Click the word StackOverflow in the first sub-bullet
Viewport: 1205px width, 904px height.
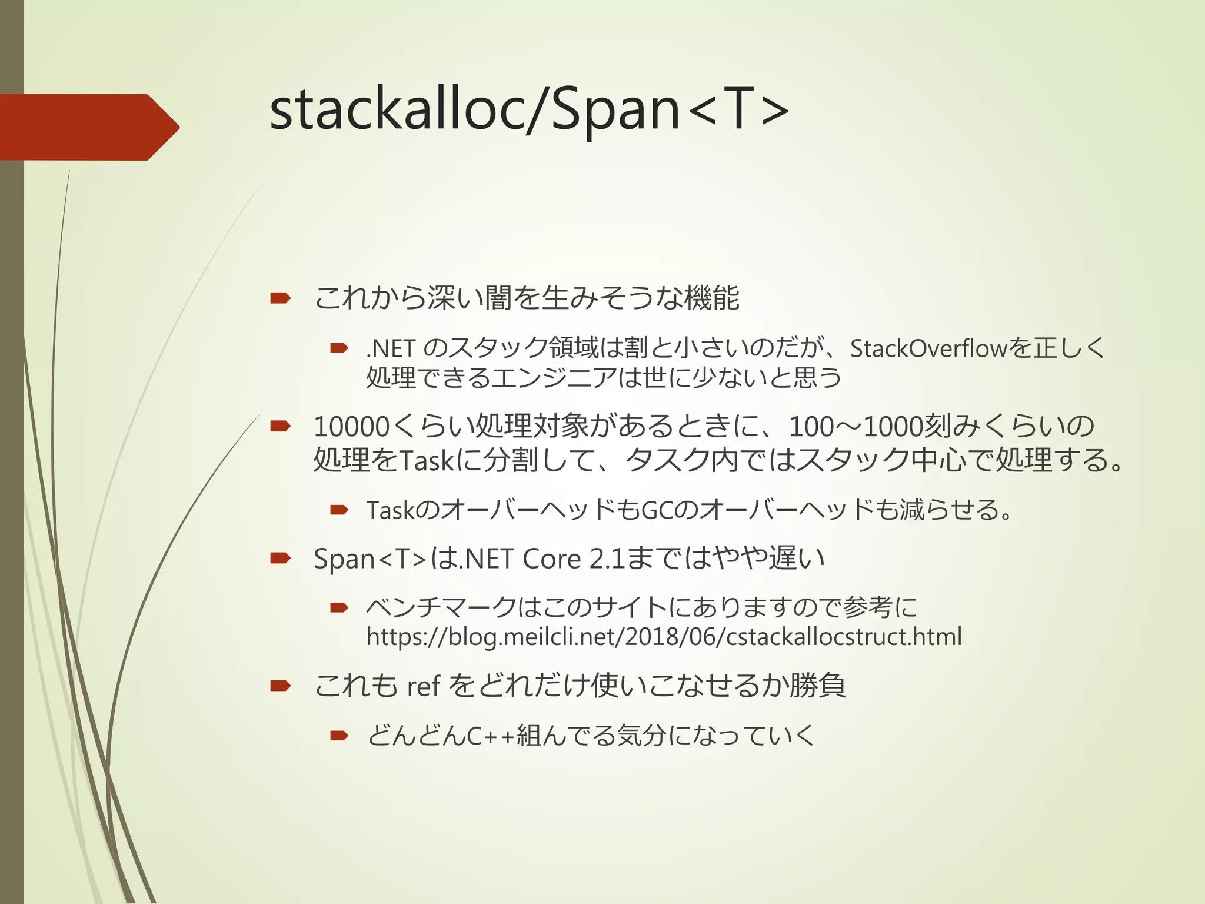click(x=928, y=348)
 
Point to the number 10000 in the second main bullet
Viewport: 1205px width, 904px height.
click(x=352, y=427)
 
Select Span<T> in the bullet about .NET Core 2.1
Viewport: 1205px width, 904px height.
click(x=370, y=559)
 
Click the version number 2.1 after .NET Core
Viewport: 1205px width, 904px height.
click(x=607, y=559)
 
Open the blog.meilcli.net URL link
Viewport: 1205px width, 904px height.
click(x=664, y=637)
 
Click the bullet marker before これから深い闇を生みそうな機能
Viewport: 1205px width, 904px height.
click(x=281, y=298)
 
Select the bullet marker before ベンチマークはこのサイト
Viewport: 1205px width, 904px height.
click(x=339, y=607)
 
